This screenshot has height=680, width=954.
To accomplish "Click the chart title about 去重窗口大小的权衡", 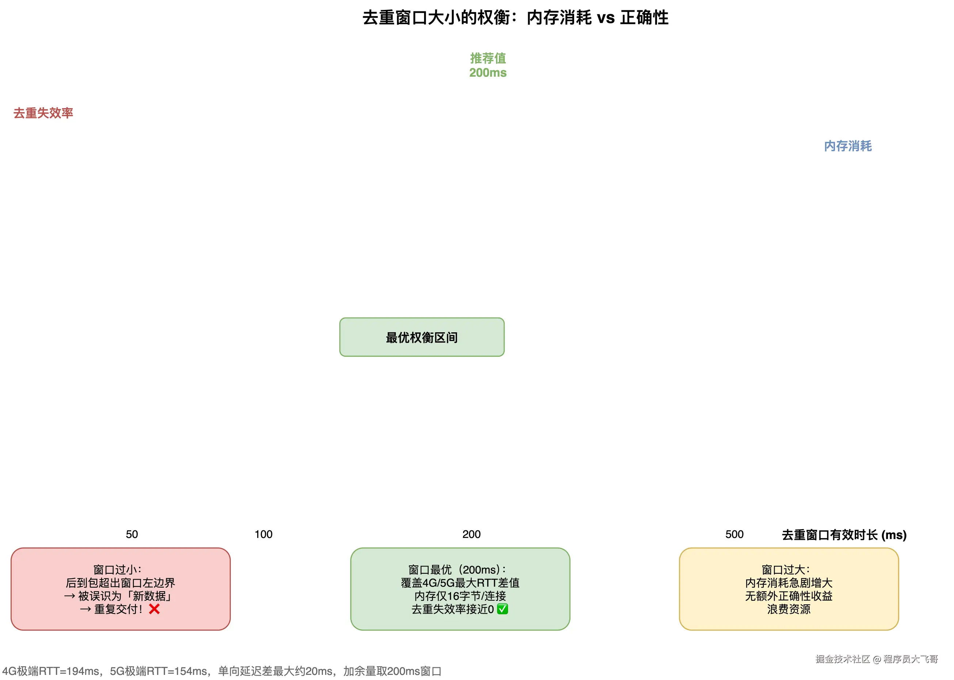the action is [x=515, y=18].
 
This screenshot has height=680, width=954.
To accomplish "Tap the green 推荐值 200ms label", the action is [x=488, y=65].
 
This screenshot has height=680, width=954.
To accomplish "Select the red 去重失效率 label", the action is [x=43, y=113].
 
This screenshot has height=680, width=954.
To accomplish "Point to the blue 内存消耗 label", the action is [x=847, y=146].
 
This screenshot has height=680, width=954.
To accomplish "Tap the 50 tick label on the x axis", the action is [x=131, y=534].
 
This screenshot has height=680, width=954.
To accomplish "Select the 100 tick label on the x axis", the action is [x=263, y=534].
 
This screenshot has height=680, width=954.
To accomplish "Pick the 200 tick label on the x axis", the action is [x=471, y=534].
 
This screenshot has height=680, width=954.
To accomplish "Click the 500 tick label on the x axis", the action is [x=734, y=534].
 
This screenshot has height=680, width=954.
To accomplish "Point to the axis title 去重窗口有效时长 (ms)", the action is [x=843, y=535].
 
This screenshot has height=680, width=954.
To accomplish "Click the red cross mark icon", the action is [x=154, y=609].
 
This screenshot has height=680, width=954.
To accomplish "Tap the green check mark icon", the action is [x=502, y=609].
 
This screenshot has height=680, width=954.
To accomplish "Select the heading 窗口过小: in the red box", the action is [x=117, y=569].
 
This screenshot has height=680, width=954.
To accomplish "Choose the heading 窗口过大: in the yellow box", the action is [x=786, y=569].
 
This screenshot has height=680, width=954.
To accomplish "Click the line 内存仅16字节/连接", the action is [x=460, y=596].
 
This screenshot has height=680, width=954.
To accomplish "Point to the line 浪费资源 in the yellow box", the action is [x=788, y=609].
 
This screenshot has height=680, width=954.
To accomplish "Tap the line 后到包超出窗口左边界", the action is [x=120, y=583].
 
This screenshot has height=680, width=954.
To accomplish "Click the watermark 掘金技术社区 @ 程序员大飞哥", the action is [x=876, y=659].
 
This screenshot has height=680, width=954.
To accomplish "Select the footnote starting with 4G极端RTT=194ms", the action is [x=222, y=671].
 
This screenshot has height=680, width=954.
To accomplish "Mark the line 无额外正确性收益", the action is [x=788, y=596].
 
